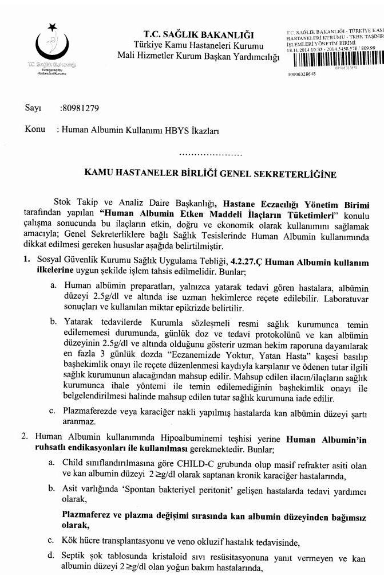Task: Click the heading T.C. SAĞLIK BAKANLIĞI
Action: coord(199,35)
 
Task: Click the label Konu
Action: coord(35,129)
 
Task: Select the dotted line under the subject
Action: coord(211,155)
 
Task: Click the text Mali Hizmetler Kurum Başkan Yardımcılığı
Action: coord(198,56)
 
